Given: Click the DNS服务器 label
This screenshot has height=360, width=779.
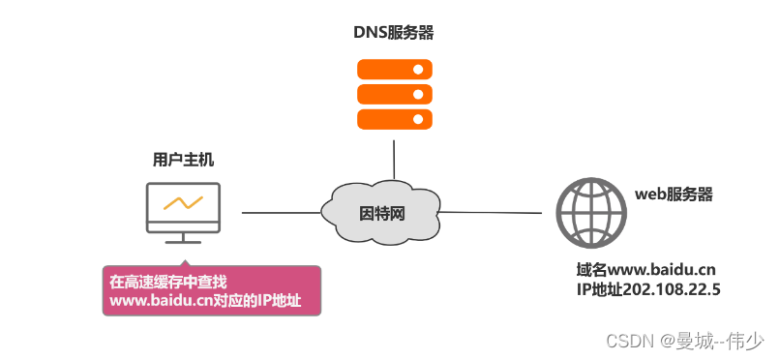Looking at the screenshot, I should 393,33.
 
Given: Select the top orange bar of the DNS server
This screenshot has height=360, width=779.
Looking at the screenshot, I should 393,70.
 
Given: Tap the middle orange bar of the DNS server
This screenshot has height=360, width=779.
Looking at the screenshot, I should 393,94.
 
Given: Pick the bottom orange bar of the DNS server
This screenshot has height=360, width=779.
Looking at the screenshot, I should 393,118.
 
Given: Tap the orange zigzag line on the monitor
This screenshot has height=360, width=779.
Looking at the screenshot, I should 183,203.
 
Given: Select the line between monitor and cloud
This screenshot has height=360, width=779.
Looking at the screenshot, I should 281,212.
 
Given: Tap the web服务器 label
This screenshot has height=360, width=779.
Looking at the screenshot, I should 674,194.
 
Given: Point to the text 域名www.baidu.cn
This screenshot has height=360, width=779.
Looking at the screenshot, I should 646,269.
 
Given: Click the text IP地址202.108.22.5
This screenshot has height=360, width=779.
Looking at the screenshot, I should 646,288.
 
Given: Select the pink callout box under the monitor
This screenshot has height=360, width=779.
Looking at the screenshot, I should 212,291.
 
